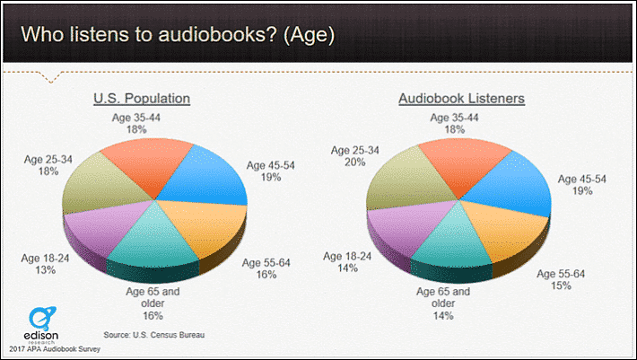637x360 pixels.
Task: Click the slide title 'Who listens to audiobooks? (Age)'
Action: [178, 34]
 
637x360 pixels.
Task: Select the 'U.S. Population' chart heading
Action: [142, 99]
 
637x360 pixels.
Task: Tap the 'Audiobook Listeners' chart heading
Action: [461, 99]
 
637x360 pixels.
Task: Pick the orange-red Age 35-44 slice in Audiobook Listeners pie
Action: [463, 162]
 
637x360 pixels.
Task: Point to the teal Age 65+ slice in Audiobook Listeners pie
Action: [451, 244]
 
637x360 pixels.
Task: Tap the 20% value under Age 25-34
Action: [354, 162]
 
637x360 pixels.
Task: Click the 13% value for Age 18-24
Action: [45, 270]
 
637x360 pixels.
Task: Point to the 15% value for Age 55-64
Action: [561, 285]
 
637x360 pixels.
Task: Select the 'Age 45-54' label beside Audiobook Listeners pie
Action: [581, 179]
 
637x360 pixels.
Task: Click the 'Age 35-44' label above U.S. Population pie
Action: [136, 118]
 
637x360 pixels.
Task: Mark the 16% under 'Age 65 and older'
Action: [153, 315]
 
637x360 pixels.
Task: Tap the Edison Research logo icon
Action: [42, 319]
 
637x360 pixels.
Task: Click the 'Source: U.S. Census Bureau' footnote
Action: [154, 335]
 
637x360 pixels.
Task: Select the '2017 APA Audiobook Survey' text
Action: [55, 349]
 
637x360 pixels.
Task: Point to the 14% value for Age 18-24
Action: [347, 268]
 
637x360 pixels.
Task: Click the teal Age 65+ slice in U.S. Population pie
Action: [153, 244]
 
